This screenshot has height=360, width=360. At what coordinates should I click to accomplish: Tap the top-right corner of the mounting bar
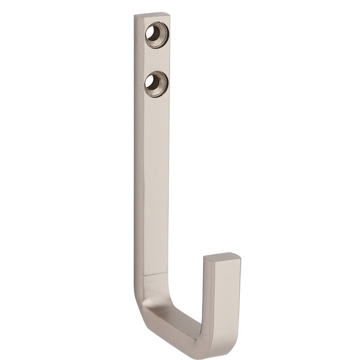171,15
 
